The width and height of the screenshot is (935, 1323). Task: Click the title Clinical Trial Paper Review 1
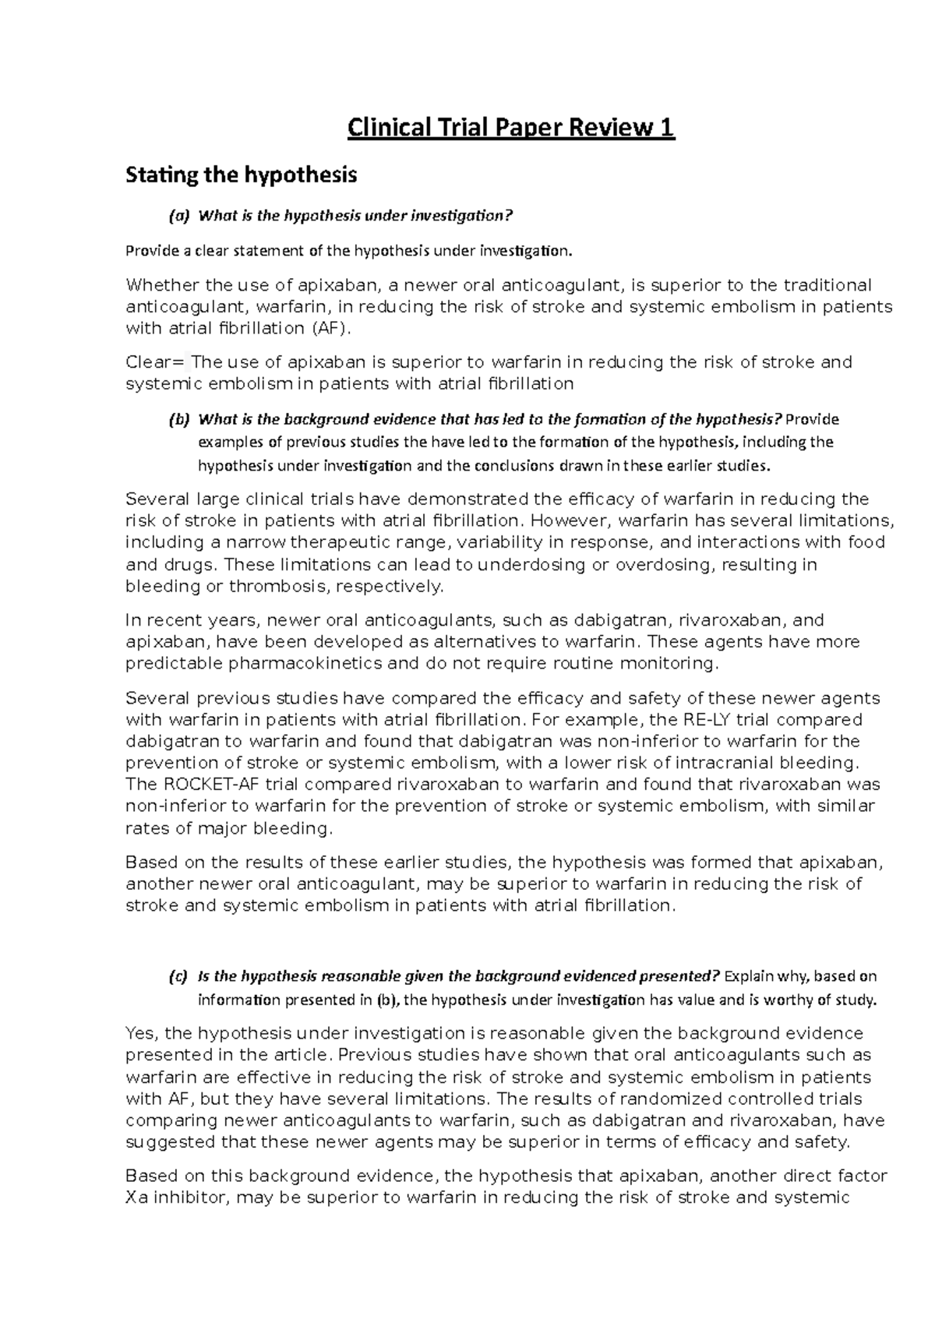click(510, 127)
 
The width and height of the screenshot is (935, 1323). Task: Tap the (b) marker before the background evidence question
click(179, 420)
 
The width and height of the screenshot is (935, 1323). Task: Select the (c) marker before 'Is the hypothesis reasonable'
click(179, 976)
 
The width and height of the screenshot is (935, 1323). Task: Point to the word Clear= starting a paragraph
click(155, 362)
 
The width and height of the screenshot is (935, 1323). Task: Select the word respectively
click(386, 586)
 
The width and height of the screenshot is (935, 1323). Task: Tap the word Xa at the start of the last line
click(135, 1198)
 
